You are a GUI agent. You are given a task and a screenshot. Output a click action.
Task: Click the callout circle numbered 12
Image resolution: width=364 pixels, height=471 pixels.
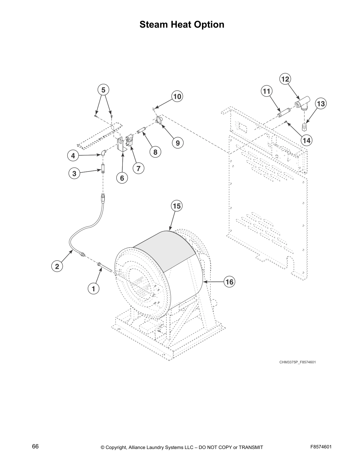point(285,79)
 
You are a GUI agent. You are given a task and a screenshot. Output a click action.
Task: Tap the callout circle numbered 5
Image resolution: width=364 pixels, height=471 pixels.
point(103,90)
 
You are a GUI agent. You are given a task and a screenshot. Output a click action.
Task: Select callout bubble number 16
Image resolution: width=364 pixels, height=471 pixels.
point(229,281)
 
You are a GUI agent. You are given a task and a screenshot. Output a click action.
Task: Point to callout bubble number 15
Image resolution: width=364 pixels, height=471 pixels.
point(177,206)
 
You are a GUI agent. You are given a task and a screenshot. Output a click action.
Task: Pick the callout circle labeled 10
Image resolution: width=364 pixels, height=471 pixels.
point(177,96)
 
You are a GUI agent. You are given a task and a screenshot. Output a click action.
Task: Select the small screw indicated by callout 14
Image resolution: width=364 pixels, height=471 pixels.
point(286,122)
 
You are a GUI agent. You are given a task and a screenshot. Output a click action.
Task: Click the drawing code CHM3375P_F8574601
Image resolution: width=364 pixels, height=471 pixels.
point(297,362)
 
